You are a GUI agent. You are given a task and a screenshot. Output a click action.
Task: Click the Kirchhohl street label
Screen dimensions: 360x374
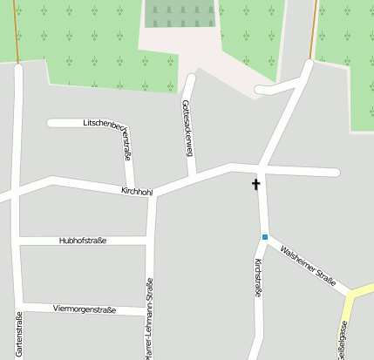pyautogui.click(x=136, y=189)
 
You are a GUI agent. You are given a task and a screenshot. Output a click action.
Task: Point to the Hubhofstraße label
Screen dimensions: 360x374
pyautogui.click(x=82, y=240)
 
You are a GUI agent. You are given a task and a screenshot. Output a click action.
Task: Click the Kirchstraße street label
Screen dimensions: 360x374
pyautogui.click(x=258, y=279)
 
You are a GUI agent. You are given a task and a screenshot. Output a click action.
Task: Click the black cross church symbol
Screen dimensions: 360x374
pyautogui.click(x=256, y=184)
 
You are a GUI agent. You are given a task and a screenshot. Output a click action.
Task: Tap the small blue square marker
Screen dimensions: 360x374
pyautogui.click(x=264, y=236)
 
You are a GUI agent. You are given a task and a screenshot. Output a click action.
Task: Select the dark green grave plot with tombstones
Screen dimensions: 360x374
pyautogui.click(x=181, y=14)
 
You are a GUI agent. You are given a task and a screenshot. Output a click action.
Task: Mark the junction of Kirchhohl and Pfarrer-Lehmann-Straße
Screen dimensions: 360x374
pyautogui.click(x=153, y=195)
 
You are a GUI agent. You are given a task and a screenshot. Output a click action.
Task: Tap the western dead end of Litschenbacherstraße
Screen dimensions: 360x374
pyautogui.click(x=51, y=123)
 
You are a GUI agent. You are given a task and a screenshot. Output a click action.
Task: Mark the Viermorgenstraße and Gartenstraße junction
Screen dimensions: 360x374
pyautogui.click(x=19, y=304)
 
